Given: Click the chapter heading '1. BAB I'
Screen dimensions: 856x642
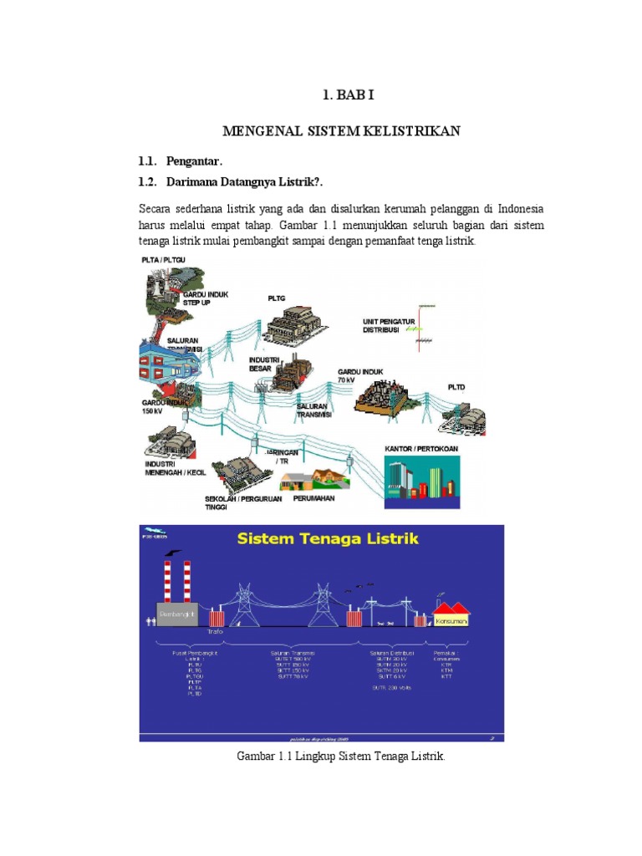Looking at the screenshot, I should [x=349, y=95].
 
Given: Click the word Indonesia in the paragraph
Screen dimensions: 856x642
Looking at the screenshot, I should [x=515, y=208].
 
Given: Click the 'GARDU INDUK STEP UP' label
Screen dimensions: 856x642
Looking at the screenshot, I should [x=205, y=298].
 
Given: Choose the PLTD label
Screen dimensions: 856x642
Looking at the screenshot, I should [x=457, y=387].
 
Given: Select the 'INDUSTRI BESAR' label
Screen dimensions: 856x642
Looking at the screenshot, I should [x=263, y=364].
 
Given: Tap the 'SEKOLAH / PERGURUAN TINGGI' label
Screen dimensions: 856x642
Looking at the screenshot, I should [x=242, y=503].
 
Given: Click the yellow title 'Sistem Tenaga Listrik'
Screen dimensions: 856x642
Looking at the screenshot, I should [x=329, y=539].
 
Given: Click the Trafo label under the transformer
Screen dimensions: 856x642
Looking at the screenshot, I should [x=217, y=632].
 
